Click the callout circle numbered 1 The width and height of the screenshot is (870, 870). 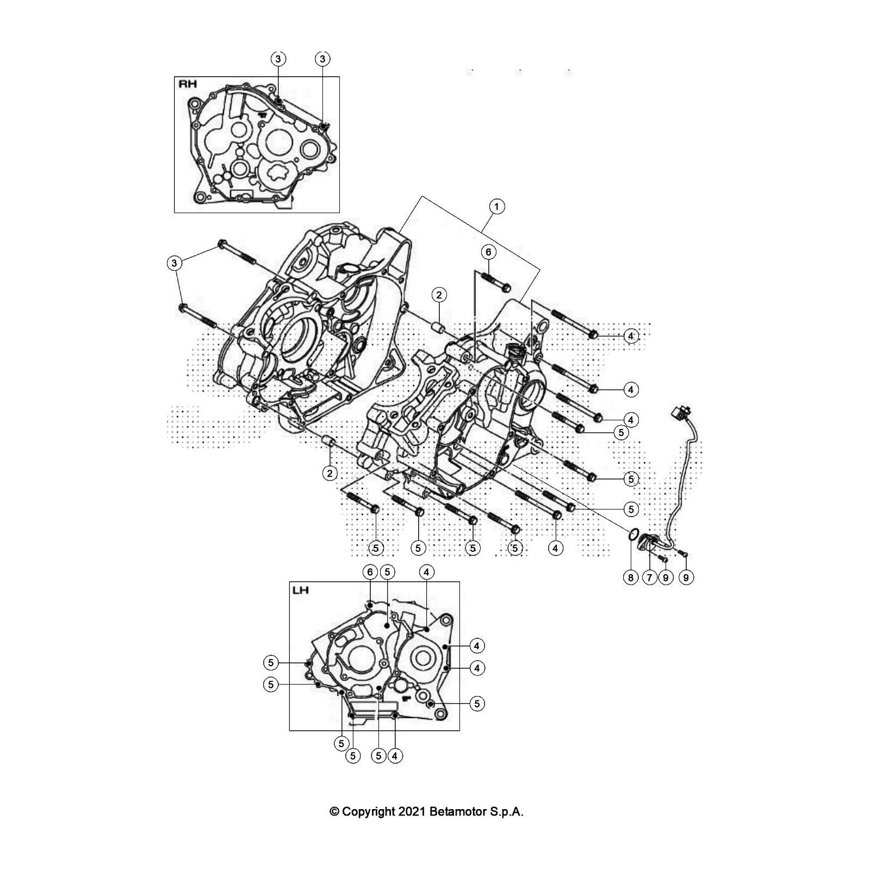coord(496,207)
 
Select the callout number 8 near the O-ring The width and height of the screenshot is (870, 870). coord(631,577)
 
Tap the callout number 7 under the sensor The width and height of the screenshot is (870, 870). coord(649,577)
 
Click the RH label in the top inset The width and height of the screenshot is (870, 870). coord(188,84)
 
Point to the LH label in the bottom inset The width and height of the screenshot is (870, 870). coord(301,590)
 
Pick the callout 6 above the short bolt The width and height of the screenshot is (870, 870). coord(488,252)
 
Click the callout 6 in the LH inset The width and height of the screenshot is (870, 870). coord(370,572)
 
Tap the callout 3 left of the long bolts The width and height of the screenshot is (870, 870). coord(174,264)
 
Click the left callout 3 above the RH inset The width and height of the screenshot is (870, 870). coord(278,58)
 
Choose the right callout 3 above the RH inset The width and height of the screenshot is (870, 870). coord(322,58)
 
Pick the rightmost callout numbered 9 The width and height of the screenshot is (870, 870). coord(686,577)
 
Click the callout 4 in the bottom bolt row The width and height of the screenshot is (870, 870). coord(555,548)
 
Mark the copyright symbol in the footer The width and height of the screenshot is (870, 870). coord(334,812)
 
